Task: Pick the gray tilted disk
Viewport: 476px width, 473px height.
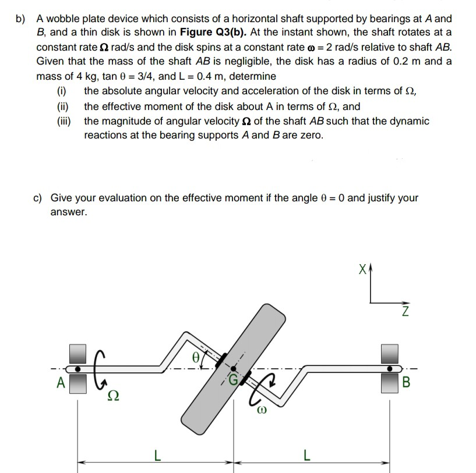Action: click(233, 367)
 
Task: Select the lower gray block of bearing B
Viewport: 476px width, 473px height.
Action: click(389, 385)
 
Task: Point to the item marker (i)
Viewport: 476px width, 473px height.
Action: click(61, 91)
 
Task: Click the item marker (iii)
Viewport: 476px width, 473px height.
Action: click(63, 121)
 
